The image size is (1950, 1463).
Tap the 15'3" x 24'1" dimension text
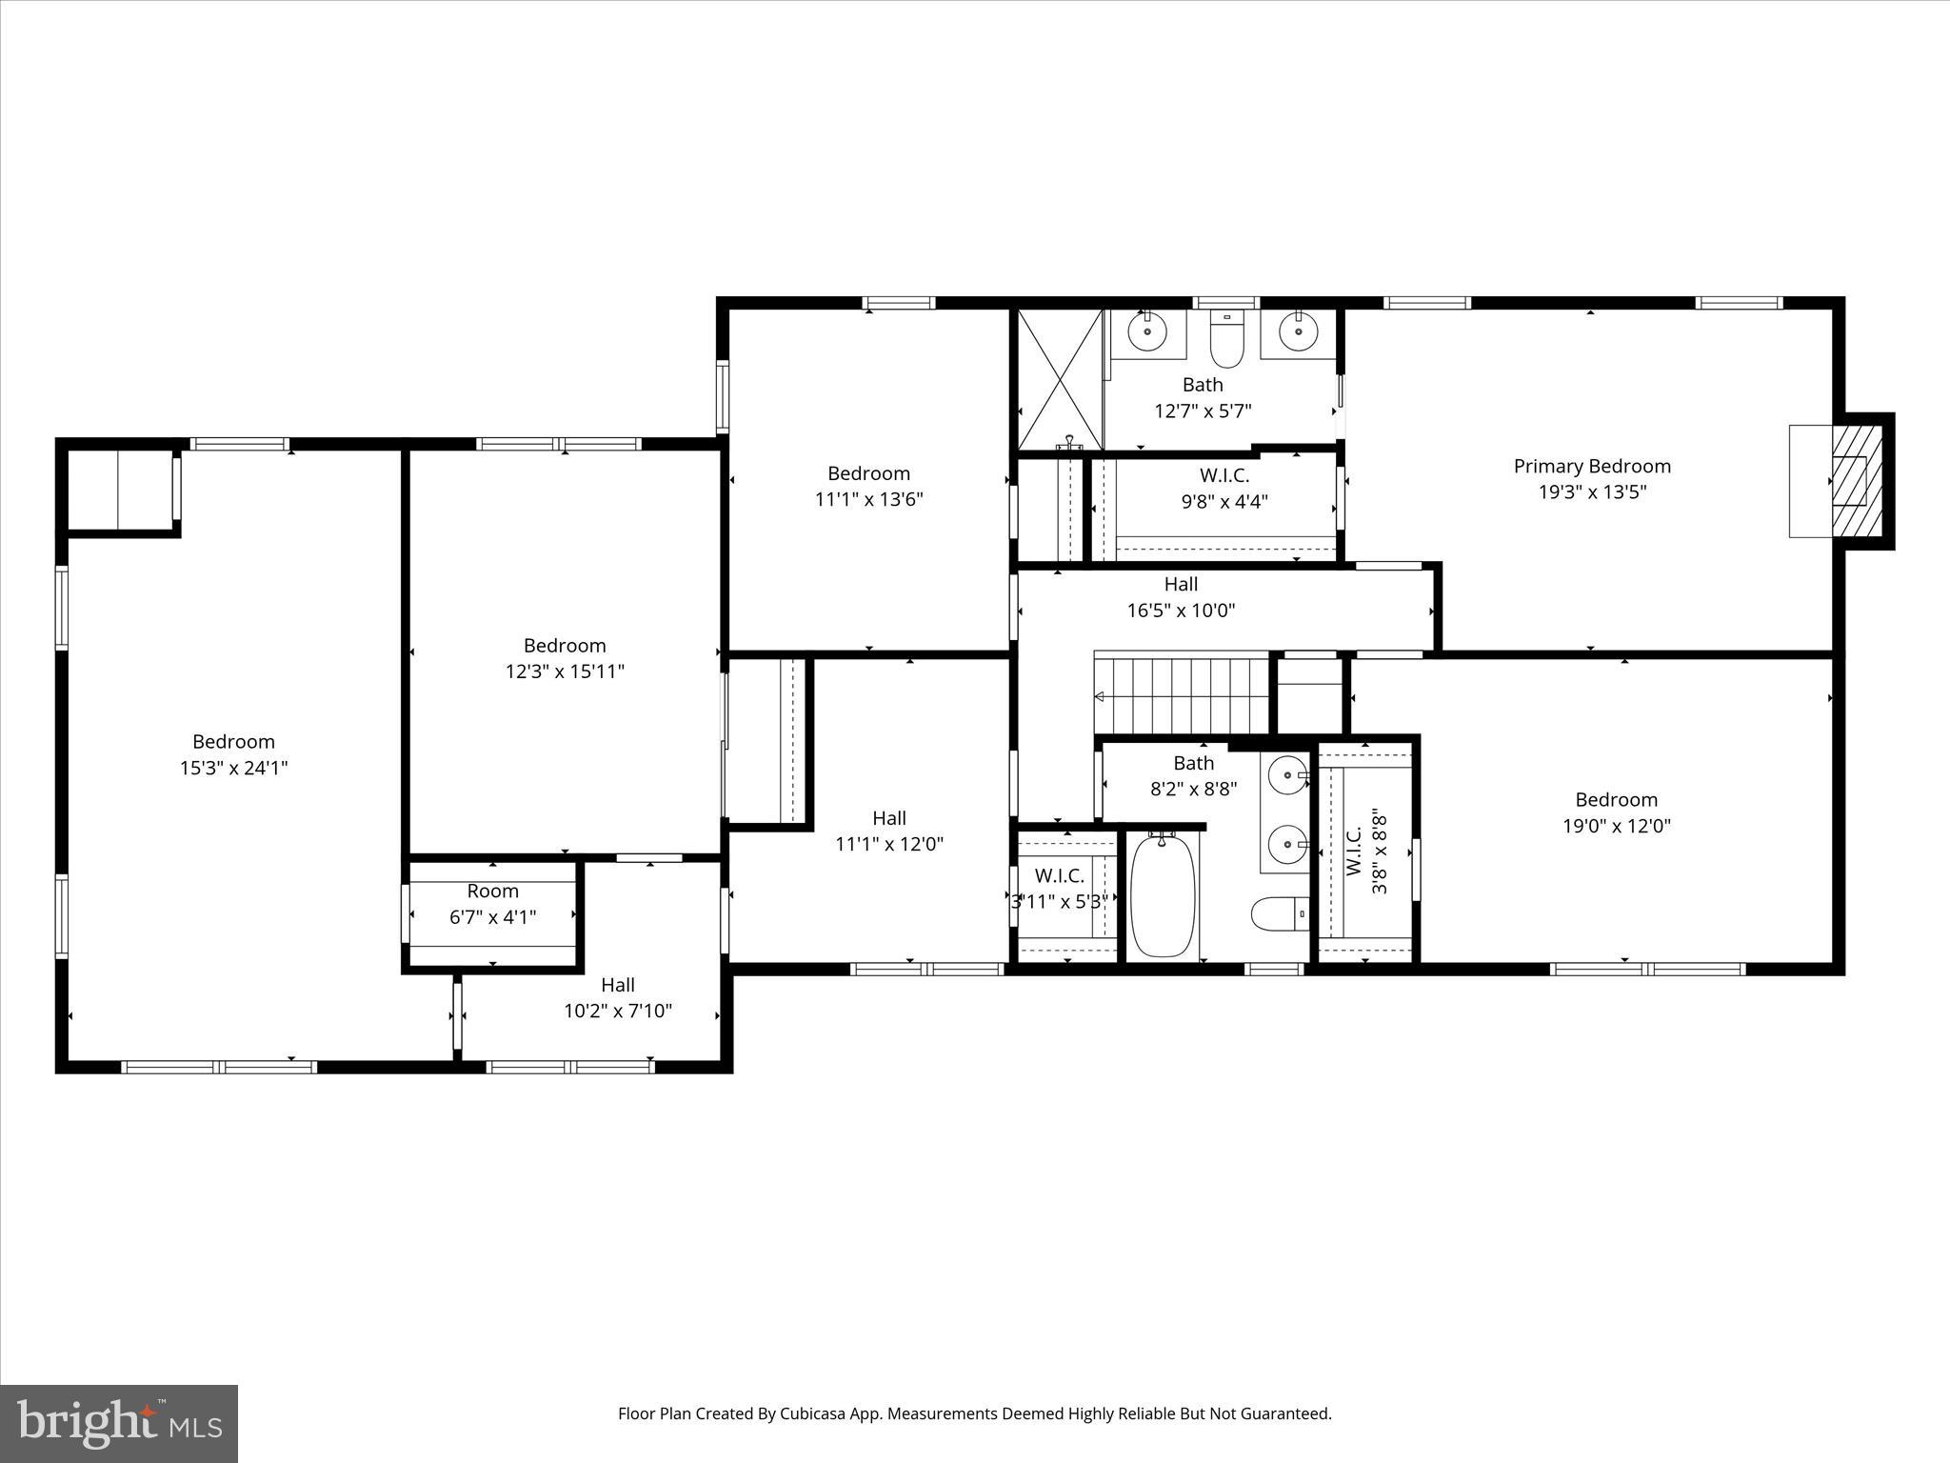click(x=233, y=768)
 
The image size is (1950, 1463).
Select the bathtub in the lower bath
click(x=1162, y=895)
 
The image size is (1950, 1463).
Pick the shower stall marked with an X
click(x=1060, y=378)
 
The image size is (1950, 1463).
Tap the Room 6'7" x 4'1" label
click(x=492, y=903)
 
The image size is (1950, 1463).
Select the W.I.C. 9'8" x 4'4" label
click(x=1224, y=488)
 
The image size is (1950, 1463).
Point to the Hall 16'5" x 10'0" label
click(x=1181, y=597)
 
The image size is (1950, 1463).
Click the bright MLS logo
click(x=119, y=1423)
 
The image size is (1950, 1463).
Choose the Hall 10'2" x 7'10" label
click(x=618, y=997)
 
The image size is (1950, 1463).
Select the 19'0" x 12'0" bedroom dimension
click(x=1616, y=826)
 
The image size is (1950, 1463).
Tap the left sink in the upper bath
click(x=1147, y=331)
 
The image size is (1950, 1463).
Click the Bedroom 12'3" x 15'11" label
click(x=565, y=658)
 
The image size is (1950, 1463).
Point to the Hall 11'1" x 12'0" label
click(x=889, y=831)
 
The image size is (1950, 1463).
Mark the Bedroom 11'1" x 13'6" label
click(x=868, y=486)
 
